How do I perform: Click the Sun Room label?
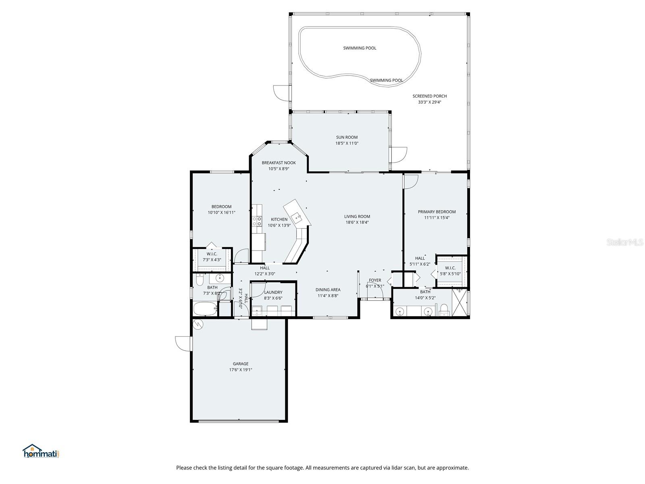click(347, 137)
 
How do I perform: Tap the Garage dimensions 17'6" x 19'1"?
click(241, 369)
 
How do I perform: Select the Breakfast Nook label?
click(279, 163)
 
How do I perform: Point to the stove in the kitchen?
click(257, 221)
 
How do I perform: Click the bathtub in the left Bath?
click(205, 309)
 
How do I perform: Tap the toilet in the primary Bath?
click(444, 310)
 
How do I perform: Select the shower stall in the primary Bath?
click(460, 303)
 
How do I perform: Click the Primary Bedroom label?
click(437, 212)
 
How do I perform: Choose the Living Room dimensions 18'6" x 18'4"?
click(357, 222)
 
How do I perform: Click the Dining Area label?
click(328, 290)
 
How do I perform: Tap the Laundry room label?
click(273, 292)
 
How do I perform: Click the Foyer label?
click(375, 280)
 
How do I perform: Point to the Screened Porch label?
click(429, 96)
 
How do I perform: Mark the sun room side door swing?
click(399, 155)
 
